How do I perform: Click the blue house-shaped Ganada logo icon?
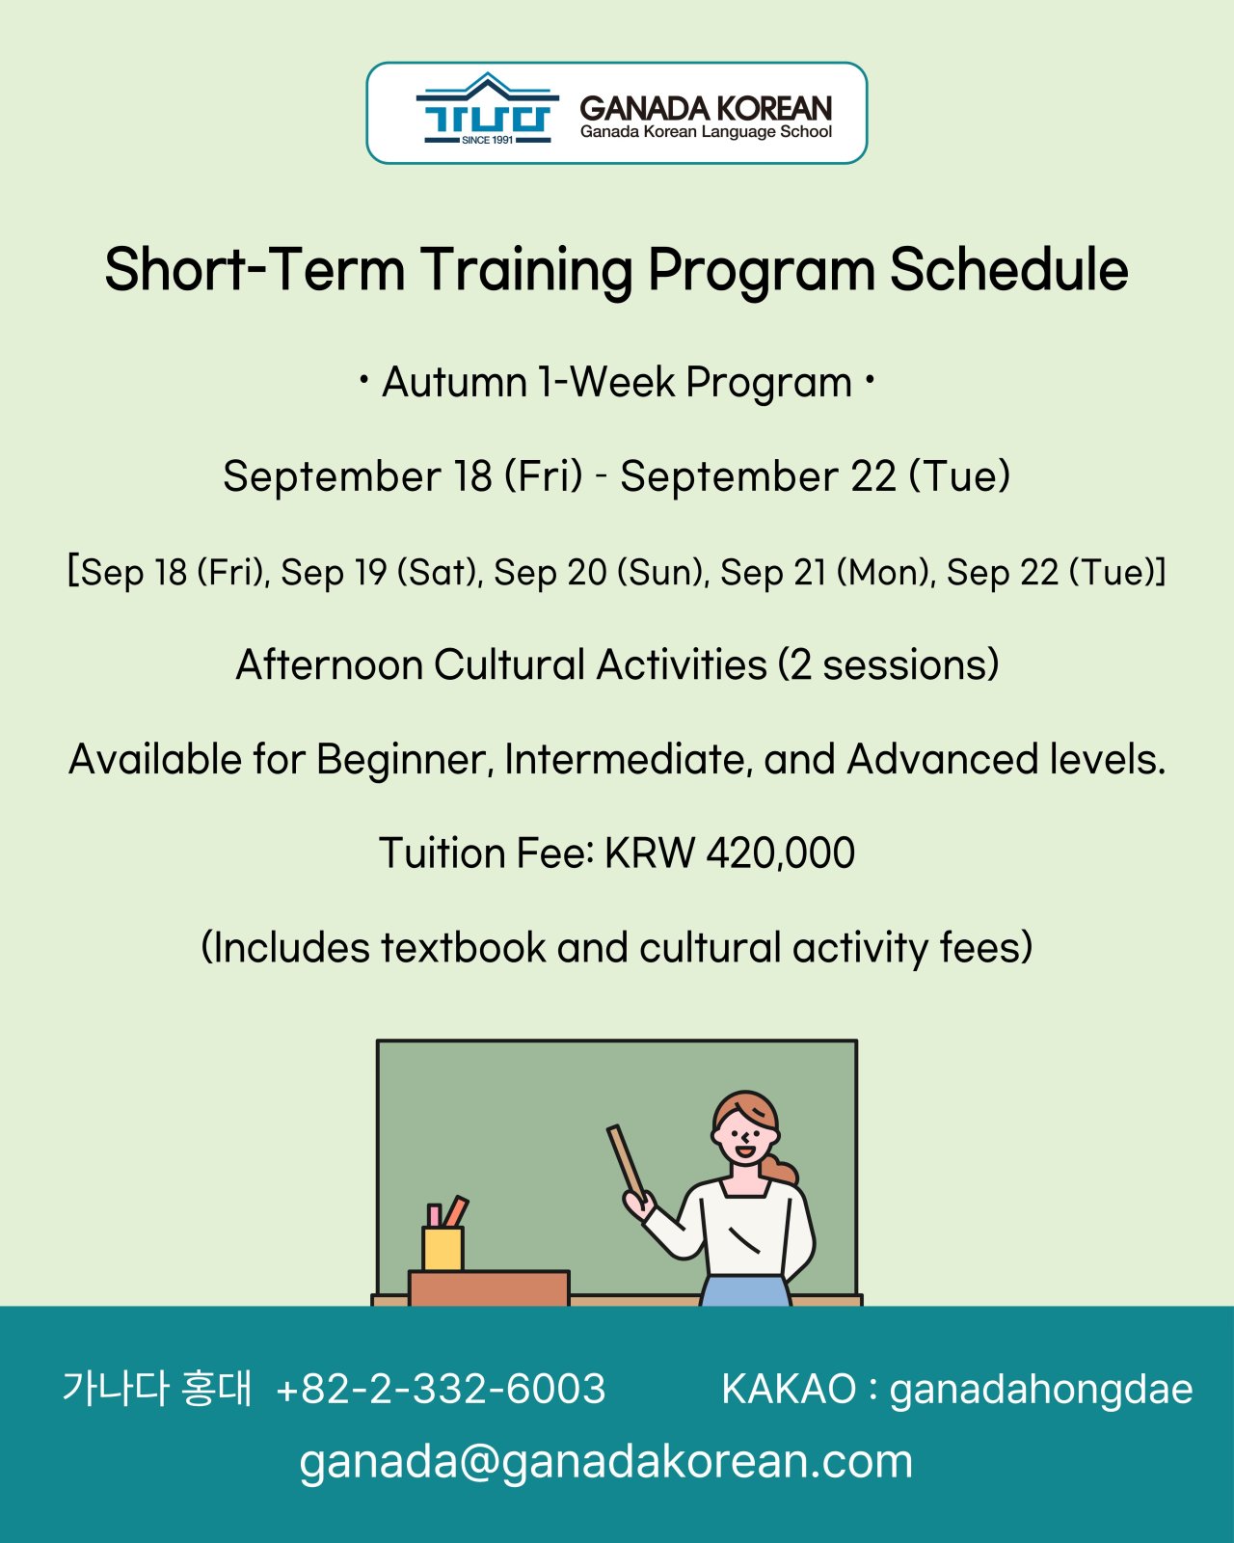pos(488,109)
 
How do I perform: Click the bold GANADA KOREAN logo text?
pos(706,109)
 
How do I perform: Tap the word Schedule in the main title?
pos(1008,270)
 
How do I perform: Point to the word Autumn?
pos(455,382)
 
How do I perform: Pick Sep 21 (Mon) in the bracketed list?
pos(827,572)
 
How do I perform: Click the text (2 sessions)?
pos(889,663)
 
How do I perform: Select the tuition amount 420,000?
pos(780,853)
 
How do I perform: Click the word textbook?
pos(463,947)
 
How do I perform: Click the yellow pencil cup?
pos(443,1248)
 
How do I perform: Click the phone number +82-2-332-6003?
pos(441,1388)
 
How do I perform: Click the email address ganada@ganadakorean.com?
pos(605,1463)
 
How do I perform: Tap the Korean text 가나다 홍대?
pos(157,1388)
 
